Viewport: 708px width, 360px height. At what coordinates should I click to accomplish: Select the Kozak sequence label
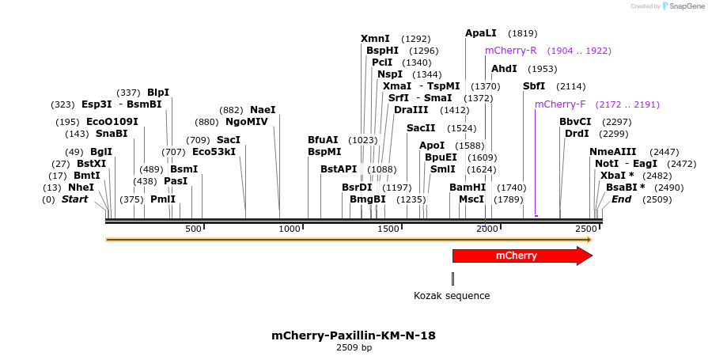[452, 296]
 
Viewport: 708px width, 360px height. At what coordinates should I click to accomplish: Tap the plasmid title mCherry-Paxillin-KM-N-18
[354, 335]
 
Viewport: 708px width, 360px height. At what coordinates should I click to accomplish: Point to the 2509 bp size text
[354, 348]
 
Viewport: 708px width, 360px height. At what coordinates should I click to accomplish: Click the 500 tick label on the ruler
[194, 229]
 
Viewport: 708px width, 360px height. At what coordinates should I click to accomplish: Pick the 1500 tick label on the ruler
[388, 229]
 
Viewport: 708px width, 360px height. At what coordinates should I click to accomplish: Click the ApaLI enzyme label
[481, 33]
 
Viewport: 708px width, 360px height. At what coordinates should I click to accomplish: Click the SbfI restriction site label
[534, 86]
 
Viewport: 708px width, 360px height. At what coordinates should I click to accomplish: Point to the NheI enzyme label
[81, 188]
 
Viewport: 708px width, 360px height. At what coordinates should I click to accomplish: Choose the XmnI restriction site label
[375, 39]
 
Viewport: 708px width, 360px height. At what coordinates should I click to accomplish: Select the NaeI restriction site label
[263, 110]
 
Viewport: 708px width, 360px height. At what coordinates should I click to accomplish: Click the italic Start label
[74, 199]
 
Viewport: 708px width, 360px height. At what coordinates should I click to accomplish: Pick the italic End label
[621, 199]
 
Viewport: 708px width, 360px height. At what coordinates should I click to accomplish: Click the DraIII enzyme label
[411, 110]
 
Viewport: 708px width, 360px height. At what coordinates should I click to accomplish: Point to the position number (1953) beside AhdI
[543, 69]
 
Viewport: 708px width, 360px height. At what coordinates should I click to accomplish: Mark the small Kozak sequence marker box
[452, 279]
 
